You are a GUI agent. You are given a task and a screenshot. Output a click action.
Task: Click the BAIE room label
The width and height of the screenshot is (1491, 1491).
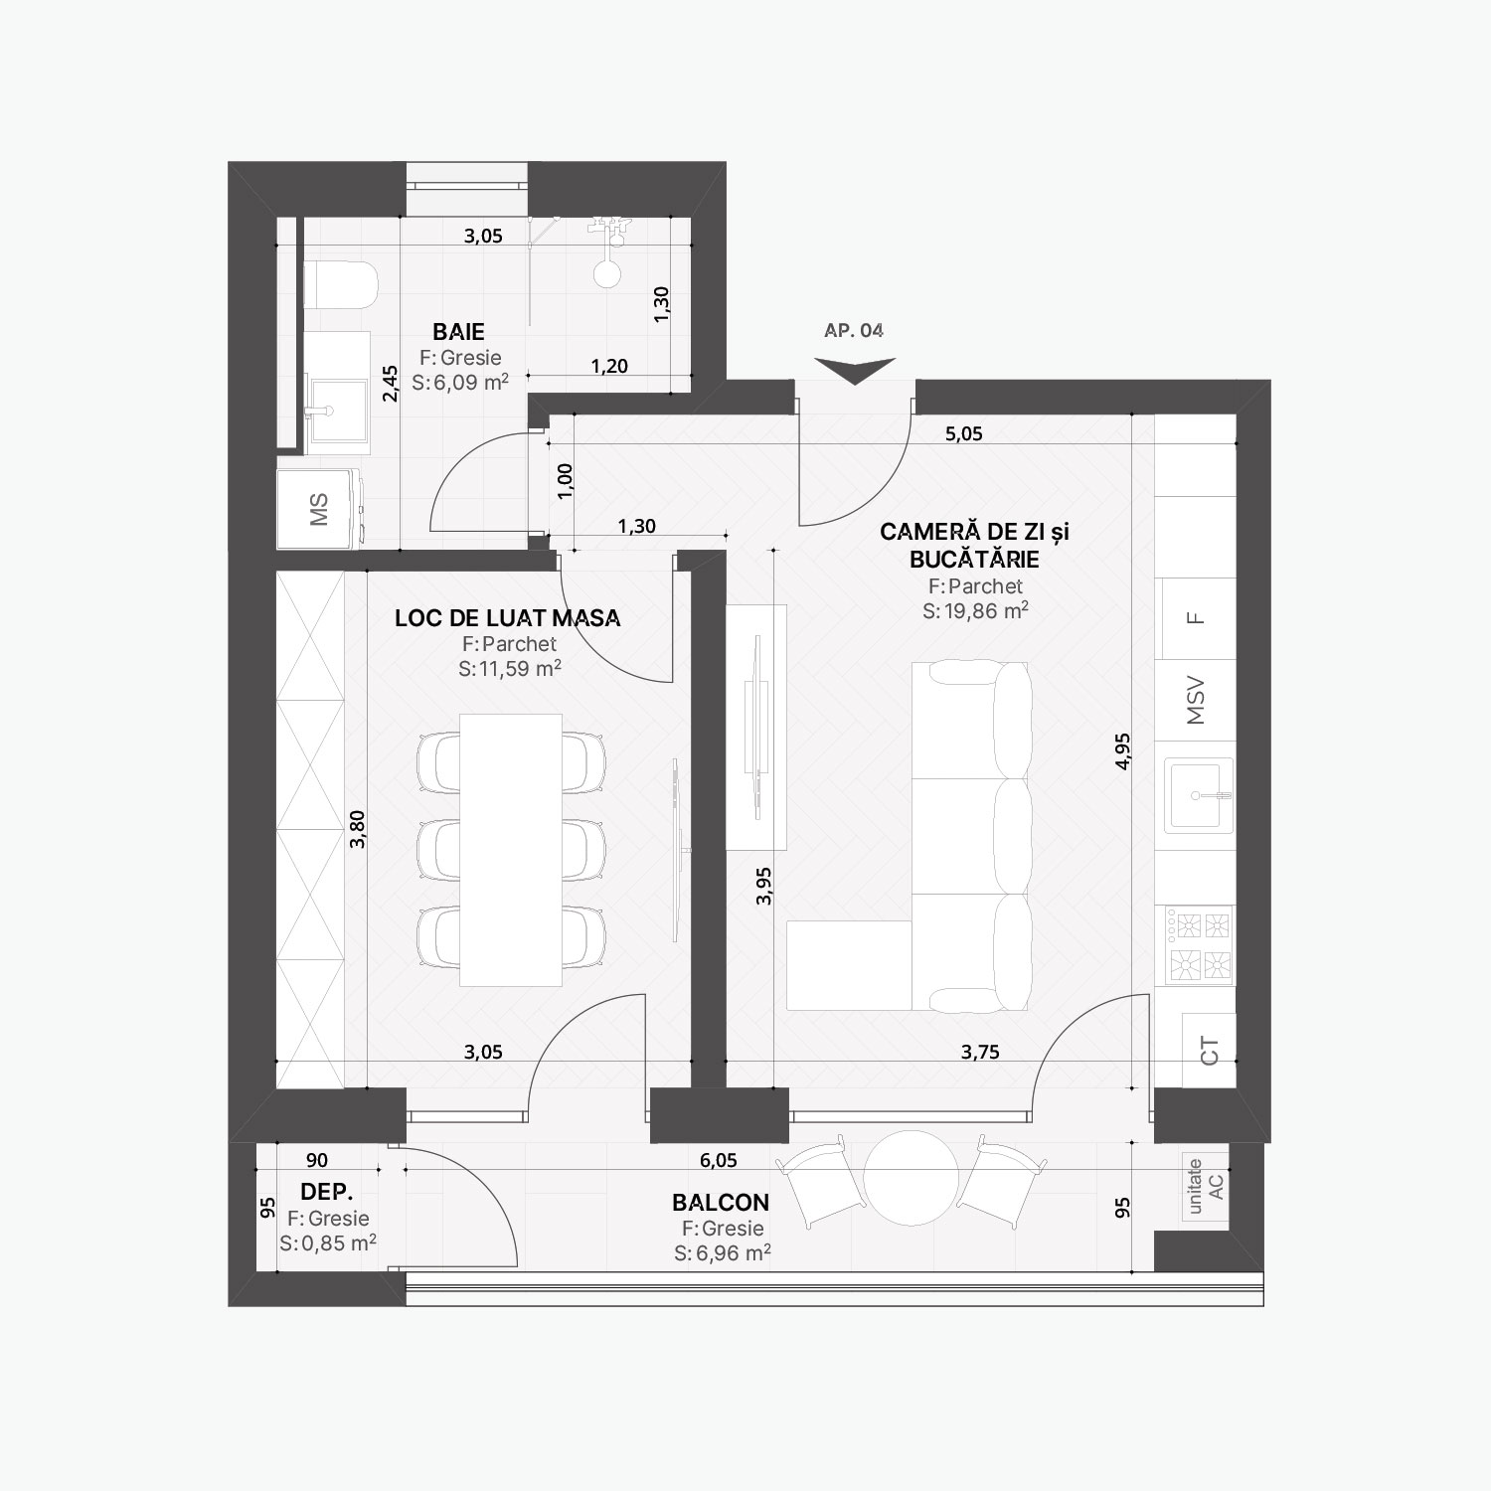coord(458,331)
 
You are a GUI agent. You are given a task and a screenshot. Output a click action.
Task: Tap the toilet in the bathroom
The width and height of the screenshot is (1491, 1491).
coord(340,285)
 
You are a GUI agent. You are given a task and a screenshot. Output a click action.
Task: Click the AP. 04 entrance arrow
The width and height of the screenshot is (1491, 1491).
coord(855,371)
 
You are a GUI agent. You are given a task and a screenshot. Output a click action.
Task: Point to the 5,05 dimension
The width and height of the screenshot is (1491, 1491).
coord(963,433)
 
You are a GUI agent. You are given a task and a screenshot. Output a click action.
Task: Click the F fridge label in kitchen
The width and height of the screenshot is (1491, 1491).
coord(1197,617)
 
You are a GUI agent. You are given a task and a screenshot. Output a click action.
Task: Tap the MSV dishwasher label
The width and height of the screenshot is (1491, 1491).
coord(1196,701)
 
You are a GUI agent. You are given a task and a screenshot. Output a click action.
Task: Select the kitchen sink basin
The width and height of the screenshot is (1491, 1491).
coord(1200,794)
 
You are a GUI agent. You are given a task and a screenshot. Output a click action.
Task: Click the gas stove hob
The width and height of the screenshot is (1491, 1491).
coord(1200,945)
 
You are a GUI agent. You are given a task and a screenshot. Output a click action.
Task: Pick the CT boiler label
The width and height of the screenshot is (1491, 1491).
coord(1209,1051)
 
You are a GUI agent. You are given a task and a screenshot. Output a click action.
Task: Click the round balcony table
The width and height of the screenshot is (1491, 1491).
coord(911,1177)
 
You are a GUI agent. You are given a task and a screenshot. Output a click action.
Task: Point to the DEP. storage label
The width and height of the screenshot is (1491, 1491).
coord(327,1192)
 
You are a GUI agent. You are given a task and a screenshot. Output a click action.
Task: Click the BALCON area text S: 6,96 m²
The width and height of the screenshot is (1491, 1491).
coord(723,1253)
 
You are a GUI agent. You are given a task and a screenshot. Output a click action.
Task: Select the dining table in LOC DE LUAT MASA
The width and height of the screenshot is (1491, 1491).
coord(511,850)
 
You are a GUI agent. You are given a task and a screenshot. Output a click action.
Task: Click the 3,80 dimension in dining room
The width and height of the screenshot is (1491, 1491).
coord(358,828)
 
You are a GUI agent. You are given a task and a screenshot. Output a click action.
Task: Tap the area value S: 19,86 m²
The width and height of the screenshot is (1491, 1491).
coord(975,610)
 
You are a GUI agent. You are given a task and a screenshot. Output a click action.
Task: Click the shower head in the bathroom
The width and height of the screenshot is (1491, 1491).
coord(606,272)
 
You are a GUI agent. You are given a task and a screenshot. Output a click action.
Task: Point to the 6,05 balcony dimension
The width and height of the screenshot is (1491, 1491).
coord(718,1160)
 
